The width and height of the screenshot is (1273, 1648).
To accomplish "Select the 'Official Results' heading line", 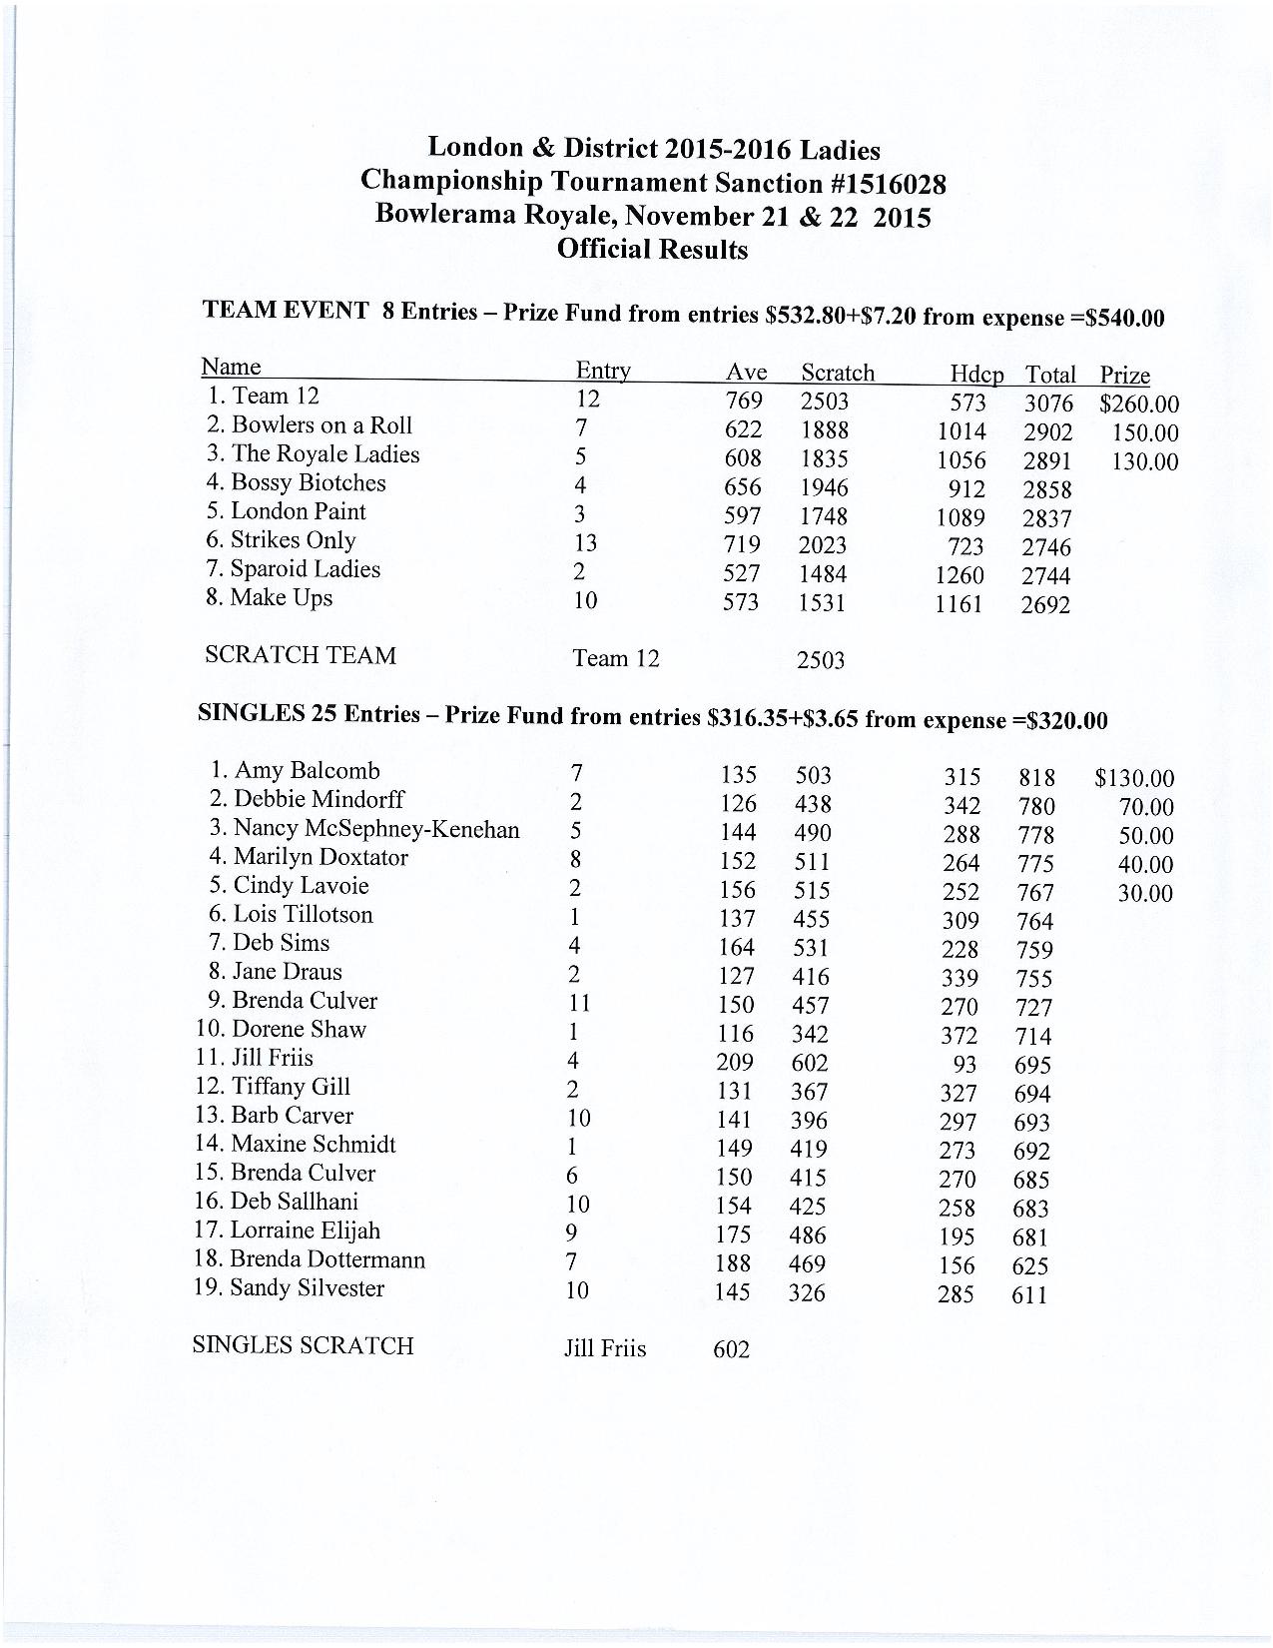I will (652, 250).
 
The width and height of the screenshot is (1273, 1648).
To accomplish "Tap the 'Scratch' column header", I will (837, 373).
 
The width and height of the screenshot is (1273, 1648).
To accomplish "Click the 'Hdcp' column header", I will (976, 375).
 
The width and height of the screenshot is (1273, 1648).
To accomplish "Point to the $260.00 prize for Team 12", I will (1138, 405).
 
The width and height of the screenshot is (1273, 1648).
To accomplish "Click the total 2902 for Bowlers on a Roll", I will (1047, 432).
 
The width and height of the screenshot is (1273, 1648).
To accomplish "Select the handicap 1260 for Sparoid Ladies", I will (958, 575).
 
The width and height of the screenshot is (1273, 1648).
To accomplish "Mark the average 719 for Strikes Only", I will (741, 544).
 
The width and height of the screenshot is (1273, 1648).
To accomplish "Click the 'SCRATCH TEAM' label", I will (300, 655).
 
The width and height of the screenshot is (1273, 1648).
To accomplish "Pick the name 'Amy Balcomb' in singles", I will (307, 770).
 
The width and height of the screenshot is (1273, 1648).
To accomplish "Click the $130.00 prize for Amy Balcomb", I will (1134, 778).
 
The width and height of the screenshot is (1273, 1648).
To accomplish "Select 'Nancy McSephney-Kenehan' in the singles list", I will (375, 828).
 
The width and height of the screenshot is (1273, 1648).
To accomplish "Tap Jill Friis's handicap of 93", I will (963, 1065).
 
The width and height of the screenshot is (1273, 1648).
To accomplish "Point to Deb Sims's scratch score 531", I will (810, 948).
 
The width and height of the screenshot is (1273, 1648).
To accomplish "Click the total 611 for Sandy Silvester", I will (1029, 1295).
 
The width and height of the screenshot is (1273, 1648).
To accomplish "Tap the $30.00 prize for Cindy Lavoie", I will (1144, 893).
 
